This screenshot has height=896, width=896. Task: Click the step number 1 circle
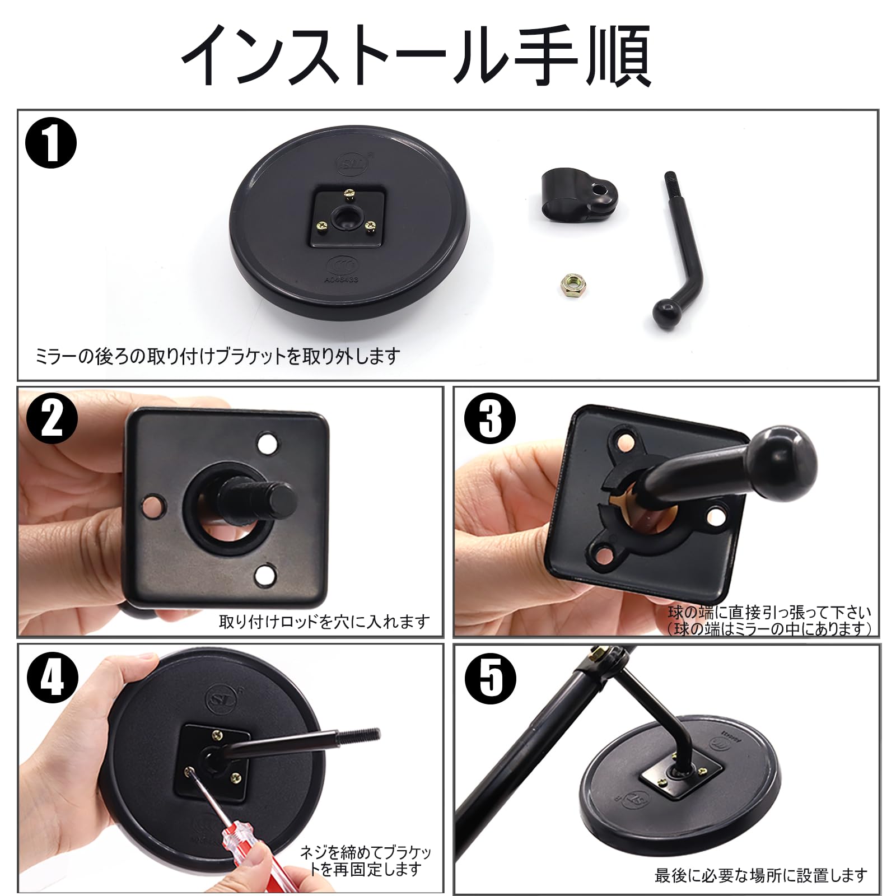coord(51,143)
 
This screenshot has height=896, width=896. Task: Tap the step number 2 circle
coord(52,418)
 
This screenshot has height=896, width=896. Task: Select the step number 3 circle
coord(491,418)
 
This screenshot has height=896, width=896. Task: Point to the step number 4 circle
coord(52,679)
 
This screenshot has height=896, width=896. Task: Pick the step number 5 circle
coord(491,679)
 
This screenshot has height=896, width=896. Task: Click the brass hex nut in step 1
coord(571,284)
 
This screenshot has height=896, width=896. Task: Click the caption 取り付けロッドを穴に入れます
coord(324,622)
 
